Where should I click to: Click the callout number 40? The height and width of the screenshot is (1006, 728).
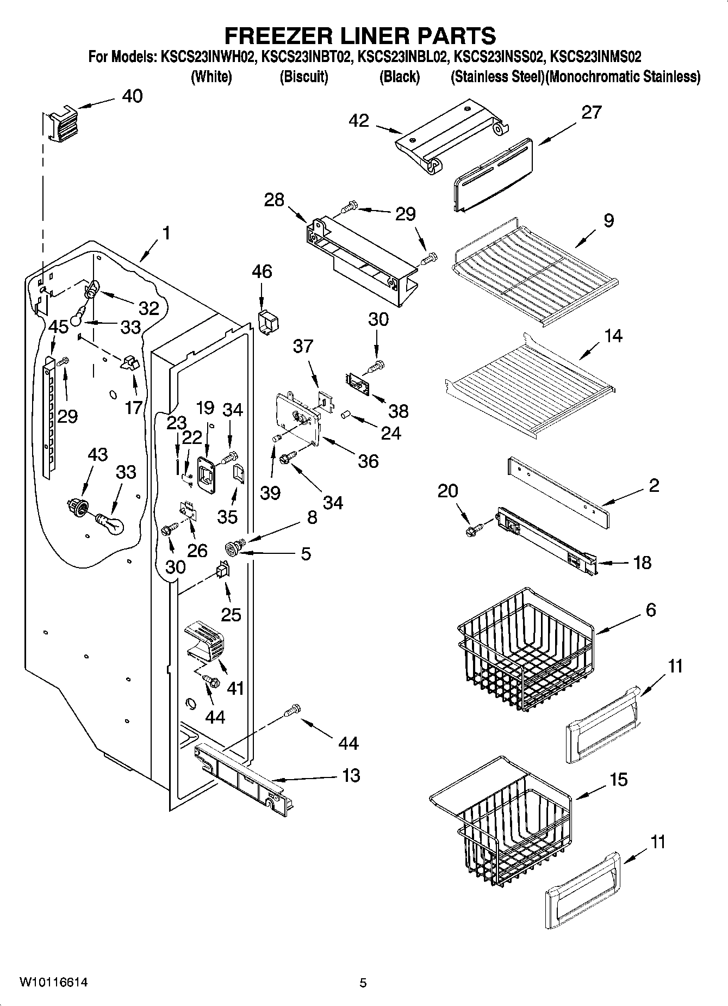(x=132, y=96)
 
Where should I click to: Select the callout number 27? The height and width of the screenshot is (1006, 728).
(x=591, y=112)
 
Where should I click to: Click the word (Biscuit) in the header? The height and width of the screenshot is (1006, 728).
(x=304, y=77)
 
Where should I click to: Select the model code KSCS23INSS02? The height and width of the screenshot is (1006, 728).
(x=499, y=56)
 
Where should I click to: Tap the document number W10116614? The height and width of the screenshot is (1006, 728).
(x=53, y=982)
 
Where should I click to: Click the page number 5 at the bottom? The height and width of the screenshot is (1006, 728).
(x=363, y=983)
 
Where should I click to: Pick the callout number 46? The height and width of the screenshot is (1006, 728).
(x=262, y=271)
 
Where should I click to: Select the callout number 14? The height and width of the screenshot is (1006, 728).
(x=613, y=336)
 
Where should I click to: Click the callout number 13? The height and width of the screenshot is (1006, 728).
(x=351, y=775)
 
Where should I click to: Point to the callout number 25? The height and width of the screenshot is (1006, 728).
(x=231, y=614)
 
